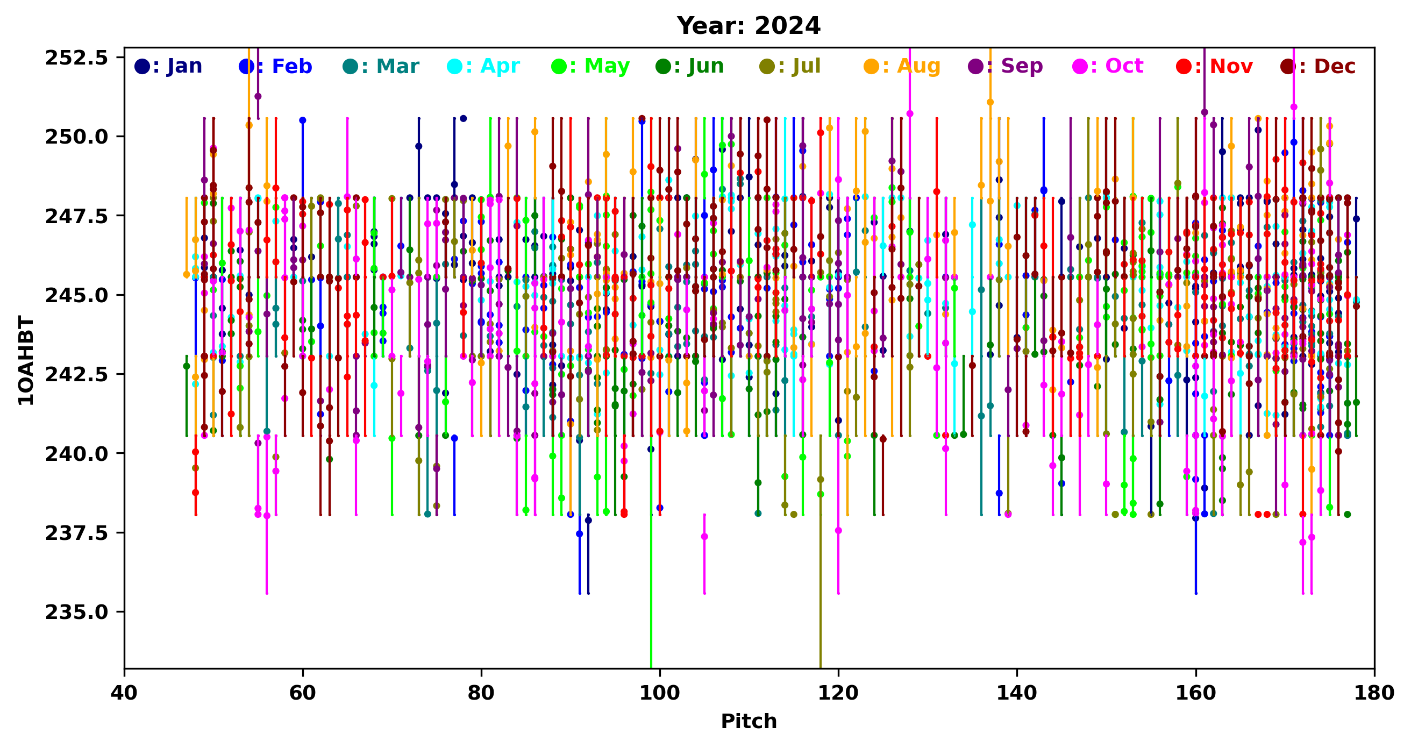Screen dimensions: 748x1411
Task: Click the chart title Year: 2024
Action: click(748, 26)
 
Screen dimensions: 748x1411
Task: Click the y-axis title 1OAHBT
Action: click(26, 360)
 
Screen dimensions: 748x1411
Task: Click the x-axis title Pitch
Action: click(748, 721)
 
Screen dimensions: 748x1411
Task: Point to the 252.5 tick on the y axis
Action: click(77, 58)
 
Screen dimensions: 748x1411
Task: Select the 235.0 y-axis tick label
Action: click(77, 611)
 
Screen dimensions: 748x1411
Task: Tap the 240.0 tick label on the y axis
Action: click(77, 453)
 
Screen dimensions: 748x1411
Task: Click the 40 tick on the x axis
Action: click(124, 693)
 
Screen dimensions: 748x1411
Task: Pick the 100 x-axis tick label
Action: click(659, 693)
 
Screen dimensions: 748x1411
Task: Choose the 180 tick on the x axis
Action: click(1374, 693)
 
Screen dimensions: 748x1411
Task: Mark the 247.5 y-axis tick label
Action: click(77, 216)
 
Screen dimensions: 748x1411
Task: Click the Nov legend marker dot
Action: click(1184, 67)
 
